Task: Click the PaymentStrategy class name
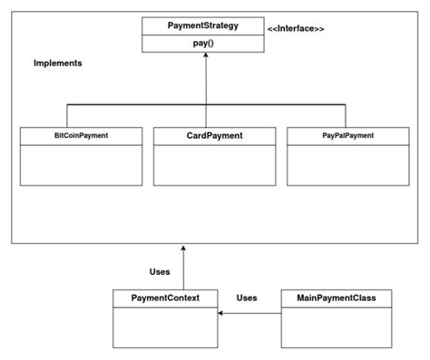click(x=202, y=25)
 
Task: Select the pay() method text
click(x=202, y=43)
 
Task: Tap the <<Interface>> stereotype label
click(x=296, y=30)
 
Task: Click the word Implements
click(x=58, y=63)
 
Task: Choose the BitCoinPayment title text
click(x=81, y=136)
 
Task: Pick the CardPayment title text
click(x=214, y=136)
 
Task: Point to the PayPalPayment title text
click(x=347, y=136)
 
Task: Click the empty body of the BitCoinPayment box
click(x=81, y=165)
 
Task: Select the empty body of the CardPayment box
click(x=214, y=165)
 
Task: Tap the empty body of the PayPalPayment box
click(x=347, y=165)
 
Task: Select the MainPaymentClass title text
click(x=337, y=297)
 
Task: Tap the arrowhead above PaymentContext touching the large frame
click(x=183, y=248)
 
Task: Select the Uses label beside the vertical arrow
click(x=159, y=271)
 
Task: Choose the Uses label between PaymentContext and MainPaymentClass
click(x=247, y=297)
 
